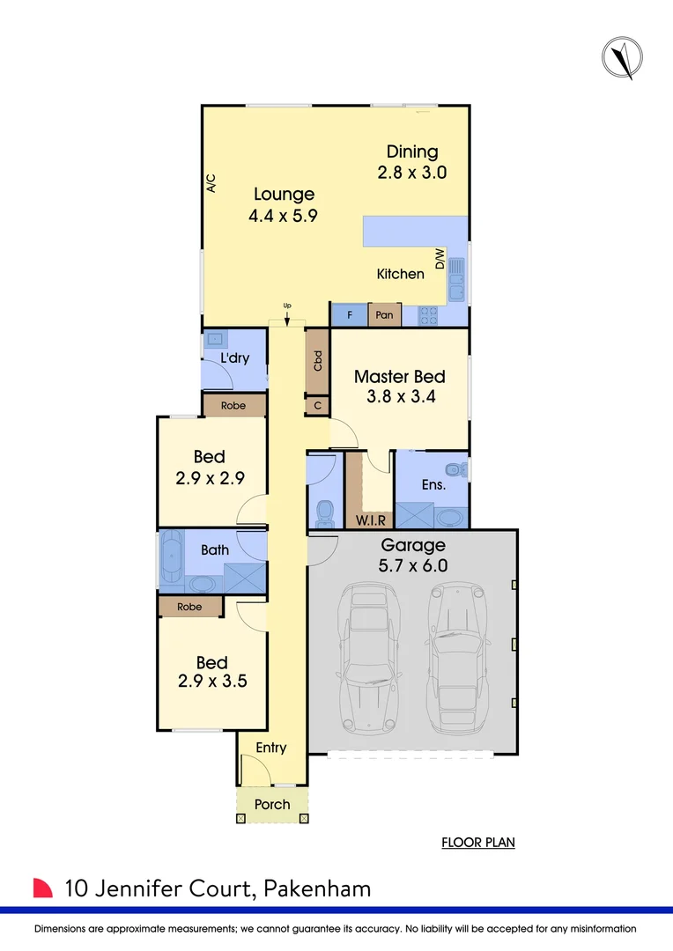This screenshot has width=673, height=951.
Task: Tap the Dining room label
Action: (411, 152)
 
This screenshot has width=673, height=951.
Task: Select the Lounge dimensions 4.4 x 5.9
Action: (285, 215)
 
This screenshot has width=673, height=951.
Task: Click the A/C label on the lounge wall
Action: (211, 183)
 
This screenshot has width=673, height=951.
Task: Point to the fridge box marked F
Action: (349, 314)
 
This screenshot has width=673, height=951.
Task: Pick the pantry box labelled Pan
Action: (384, 314)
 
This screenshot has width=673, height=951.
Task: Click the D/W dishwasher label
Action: (440, 258)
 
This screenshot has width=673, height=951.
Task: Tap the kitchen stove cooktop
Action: (429, 314)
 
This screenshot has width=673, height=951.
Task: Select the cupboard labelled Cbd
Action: (317, 361)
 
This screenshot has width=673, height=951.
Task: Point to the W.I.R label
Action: (369, 520)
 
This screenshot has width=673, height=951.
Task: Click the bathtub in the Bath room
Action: (170, 559)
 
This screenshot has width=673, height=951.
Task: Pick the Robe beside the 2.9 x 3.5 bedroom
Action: (189, 607)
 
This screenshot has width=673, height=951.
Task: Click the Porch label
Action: (272, 804)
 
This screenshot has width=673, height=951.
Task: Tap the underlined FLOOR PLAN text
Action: (478, 843)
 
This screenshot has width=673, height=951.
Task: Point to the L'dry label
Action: (233, 358)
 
